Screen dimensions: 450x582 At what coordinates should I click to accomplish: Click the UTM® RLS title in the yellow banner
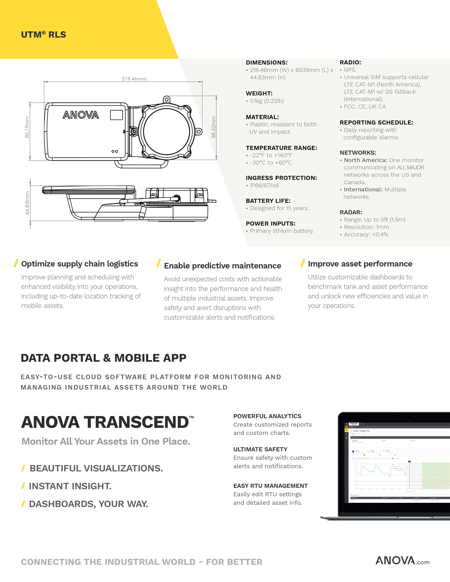(x=43, y=35)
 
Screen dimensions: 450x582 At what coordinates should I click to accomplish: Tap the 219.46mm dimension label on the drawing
(x=134, y=79)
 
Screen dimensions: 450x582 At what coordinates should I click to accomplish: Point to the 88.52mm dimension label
(x=214, y=127)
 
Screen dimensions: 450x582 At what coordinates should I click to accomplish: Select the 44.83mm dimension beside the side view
(x=27, y=203)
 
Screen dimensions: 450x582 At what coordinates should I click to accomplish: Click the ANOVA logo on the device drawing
(x=81, y=115)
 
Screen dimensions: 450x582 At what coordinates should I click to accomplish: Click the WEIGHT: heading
(x=259, y=93)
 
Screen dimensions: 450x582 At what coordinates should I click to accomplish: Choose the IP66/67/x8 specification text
(x=264, y=186)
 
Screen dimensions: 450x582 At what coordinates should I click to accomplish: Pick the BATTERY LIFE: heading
(x=268, y=201)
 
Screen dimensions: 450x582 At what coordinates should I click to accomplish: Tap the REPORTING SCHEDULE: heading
(x=376, y=123)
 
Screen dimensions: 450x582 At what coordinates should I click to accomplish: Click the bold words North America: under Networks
(x=365, y=160)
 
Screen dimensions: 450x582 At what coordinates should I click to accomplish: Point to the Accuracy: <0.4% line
(x=366, y=235)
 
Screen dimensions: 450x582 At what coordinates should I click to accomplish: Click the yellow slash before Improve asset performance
(x=302, y=263)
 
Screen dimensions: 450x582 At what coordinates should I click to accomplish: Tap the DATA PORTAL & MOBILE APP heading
(x=103, y=358)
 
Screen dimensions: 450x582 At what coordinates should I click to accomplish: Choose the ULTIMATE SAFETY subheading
(x=260, y=449)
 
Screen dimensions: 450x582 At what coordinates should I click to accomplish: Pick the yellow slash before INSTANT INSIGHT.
(x=23, y=486)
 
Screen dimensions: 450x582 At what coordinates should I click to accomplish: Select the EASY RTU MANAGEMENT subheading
(x=270, y=486)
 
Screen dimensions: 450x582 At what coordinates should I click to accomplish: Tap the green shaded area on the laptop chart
(x=436, y=476)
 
